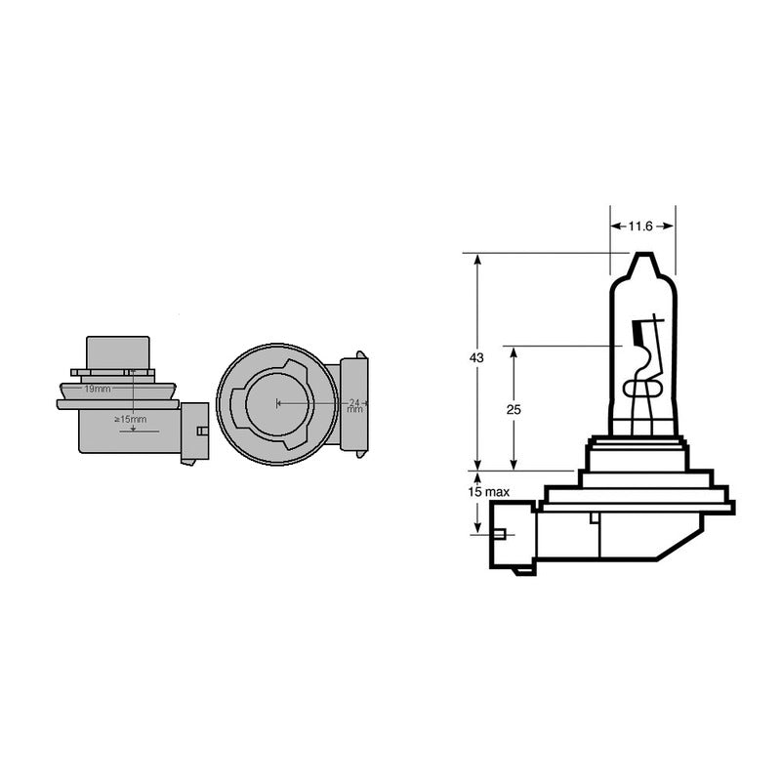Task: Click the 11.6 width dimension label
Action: click(x=639, y=226)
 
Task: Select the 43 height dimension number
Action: click(x=476, y=359)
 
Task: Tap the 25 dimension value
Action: click(x=514, y=410)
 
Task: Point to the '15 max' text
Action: click(x=488, y=492)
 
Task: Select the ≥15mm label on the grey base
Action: click(x=130, y=419)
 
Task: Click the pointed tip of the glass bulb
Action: click(x=641, y=258)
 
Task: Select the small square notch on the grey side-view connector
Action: click(x=200, y=431)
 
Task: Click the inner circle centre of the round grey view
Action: click(x=277, y=402)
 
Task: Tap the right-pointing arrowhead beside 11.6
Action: click(x=669, y=226)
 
